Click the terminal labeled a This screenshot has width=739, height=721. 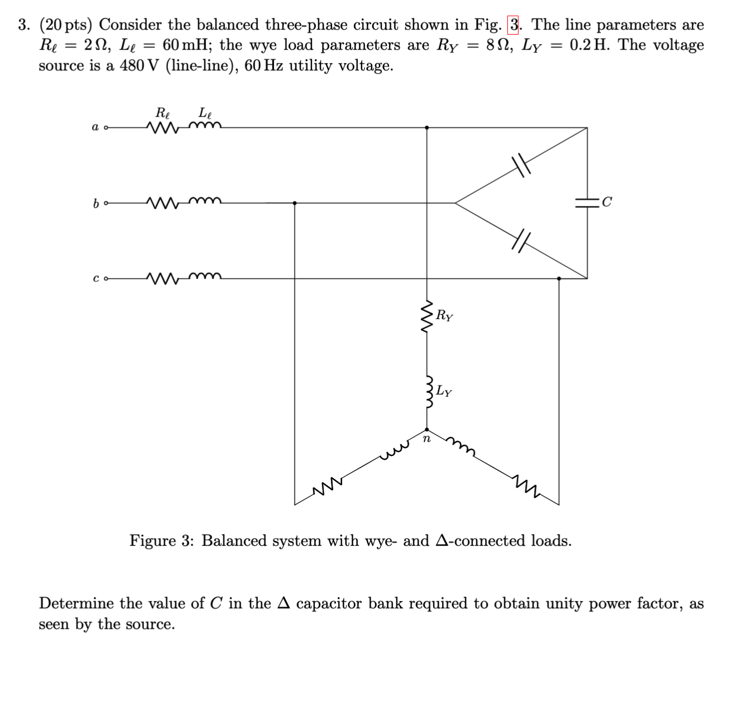point(106,128)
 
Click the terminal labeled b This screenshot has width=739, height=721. point(106,203)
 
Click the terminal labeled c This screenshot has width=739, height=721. point(106,278)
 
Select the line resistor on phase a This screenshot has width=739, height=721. point(162,128)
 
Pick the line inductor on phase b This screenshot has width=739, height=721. point(205,201)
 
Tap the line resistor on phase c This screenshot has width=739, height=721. point(162,277)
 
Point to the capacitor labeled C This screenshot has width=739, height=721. point(587,203)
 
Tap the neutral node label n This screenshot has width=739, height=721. point(426,439)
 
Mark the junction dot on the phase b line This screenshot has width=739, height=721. point(295,203)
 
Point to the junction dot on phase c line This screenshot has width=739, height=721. point(559,278)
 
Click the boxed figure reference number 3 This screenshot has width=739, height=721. point(513,25)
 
